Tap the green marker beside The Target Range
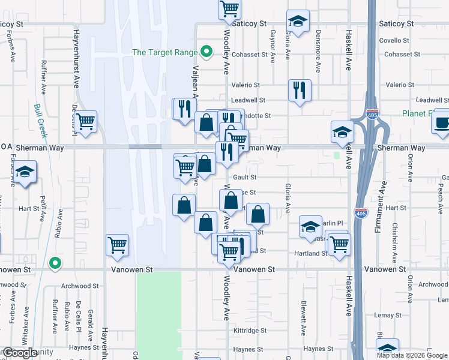click(x=206, y=52)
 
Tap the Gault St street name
click(x=245, y=178)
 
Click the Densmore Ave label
click(x=318, y=47)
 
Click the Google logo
click(x=19, y=353)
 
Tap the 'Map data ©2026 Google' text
click(x=411, y=355)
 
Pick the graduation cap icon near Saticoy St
click(x=298, y=22)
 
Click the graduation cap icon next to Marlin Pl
click(x=310, y=227)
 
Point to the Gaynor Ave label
click(x=273, y=47)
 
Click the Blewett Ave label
click(x=304, y=318)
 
